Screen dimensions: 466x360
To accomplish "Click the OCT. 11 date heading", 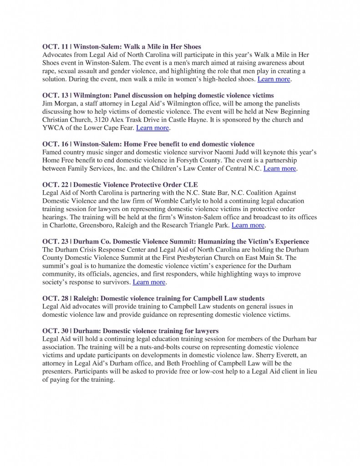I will (x=55, y=46).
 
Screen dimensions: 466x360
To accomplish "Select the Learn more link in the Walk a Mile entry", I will (x=274, y=79).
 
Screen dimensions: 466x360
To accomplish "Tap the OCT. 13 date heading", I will (x=55, y=95).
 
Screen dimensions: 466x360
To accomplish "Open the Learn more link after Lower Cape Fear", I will (x=153, y=128).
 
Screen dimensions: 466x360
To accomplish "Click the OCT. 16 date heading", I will (x=55, y=144).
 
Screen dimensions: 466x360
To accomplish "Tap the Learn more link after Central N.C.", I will (x=280, y=169).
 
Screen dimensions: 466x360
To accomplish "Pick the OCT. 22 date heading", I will (x=55, y=185).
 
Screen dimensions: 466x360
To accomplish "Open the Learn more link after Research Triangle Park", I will (x=248, y=225).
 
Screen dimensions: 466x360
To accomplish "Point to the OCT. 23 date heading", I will (x=55, y=242).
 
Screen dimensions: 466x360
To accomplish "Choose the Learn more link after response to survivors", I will (x=149, y=282).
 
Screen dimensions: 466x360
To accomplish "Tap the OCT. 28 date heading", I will (x=55, y=299).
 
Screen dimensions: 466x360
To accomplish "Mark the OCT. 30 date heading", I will (x=55, y=330).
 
